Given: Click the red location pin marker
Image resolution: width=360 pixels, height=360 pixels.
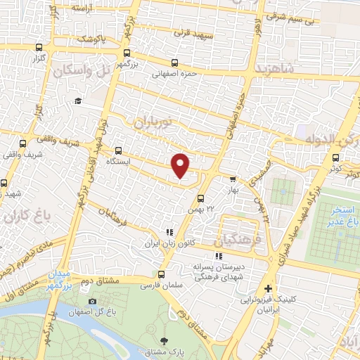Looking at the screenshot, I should click(181, 165).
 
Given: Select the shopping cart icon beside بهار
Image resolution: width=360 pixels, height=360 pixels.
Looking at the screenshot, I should click(233, 178).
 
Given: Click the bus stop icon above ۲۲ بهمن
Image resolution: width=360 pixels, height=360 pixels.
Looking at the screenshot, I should click(200, 198).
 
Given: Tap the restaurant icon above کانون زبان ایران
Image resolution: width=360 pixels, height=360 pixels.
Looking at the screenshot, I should click(168, 232).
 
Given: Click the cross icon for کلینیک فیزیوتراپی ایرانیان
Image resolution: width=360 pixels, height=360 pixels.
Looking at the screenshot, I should click(267, 288).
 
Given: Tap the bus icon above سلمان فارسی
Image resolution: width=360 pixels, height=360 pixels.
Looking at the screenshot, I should click(161, 274).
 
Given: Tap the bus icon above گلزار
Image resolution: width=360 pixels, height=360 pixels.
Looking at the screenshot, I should click(37, 48).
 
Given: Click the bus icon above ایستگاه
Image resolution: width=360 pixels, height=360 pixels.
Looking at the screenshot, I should click(118, 150).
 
